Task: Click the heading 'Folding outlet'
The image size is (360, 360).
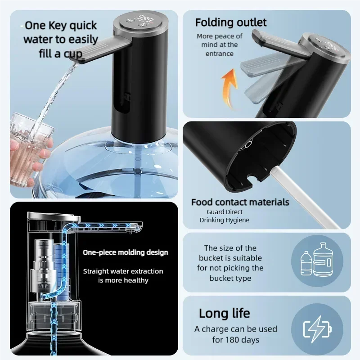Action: click(x=231, y=22)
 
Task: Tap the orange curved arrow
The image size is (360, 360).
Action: click(x=229, y=88)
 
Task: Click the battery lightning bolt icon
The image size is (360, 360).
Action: click(x=318, y=329)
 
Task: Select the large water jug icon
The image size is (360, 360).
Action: click(x=323, y=260)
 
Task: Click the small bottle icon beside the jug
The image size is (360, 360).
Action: click(x=306, y=263)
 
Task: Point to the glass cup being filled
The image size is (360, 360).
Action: click(x=30, y=149)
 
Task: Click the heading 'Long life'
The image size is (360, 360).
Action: click(x=224, y=313)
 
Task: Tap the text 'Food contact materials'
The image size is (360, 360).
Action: click(x=240, y=202)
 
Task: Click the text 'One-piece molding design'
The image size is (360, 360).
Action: click(x=126, y=252)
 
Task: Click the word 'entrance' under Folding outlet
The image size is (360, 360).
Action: click(x=220, y=54)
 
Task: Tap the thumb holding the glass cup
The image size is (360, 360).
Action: click(x=14, y=145)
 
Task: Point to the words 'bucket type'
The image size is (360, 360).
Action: click(x=230, y=278)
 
